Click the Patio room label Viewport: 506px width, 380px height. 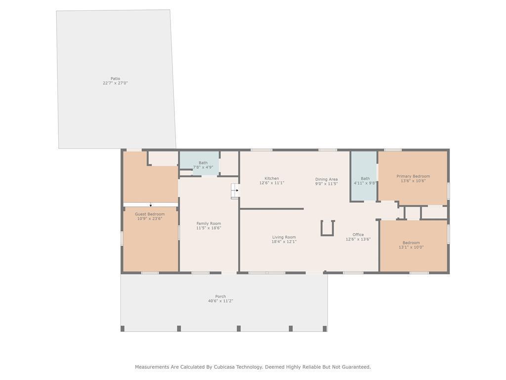(x=115, y=79)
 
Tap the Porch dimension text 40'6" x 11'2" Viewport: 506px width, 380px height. (x=220, y=301)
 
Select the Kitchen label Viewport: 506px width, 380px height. (x=272, y=178)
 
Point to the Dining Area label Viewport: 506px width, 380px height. (x=326, y=179)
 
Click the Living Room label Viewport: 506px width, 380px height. (x=284, y=237)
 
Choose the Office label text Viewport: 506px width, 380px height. (x=358, y=235)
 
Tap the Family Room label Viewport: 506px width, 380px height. (x=209, y=223)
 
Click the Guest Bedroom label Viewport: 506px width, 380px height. (x=150, y=214)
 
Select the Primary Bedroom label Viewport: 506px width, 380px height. (x=413, y=176)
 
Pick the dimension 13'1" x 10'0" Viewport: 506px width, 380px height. (x=411, y=247)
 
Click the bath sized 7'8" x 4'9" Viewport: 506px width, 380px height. (x=203, y=163)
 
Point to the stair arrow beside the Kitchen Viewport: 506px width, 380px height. (x=237, y=190)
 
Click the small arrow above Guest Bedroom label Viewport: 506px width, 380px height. (x=151, y=205)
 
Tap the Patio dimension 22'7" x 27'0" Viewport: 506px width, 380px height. (x=115, y=83)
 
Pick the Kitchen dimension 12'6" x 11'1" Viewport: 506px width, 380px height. (x=272, y=183)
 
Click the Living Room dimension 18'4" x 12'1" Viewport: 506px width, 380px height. (x=284, y=241)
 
